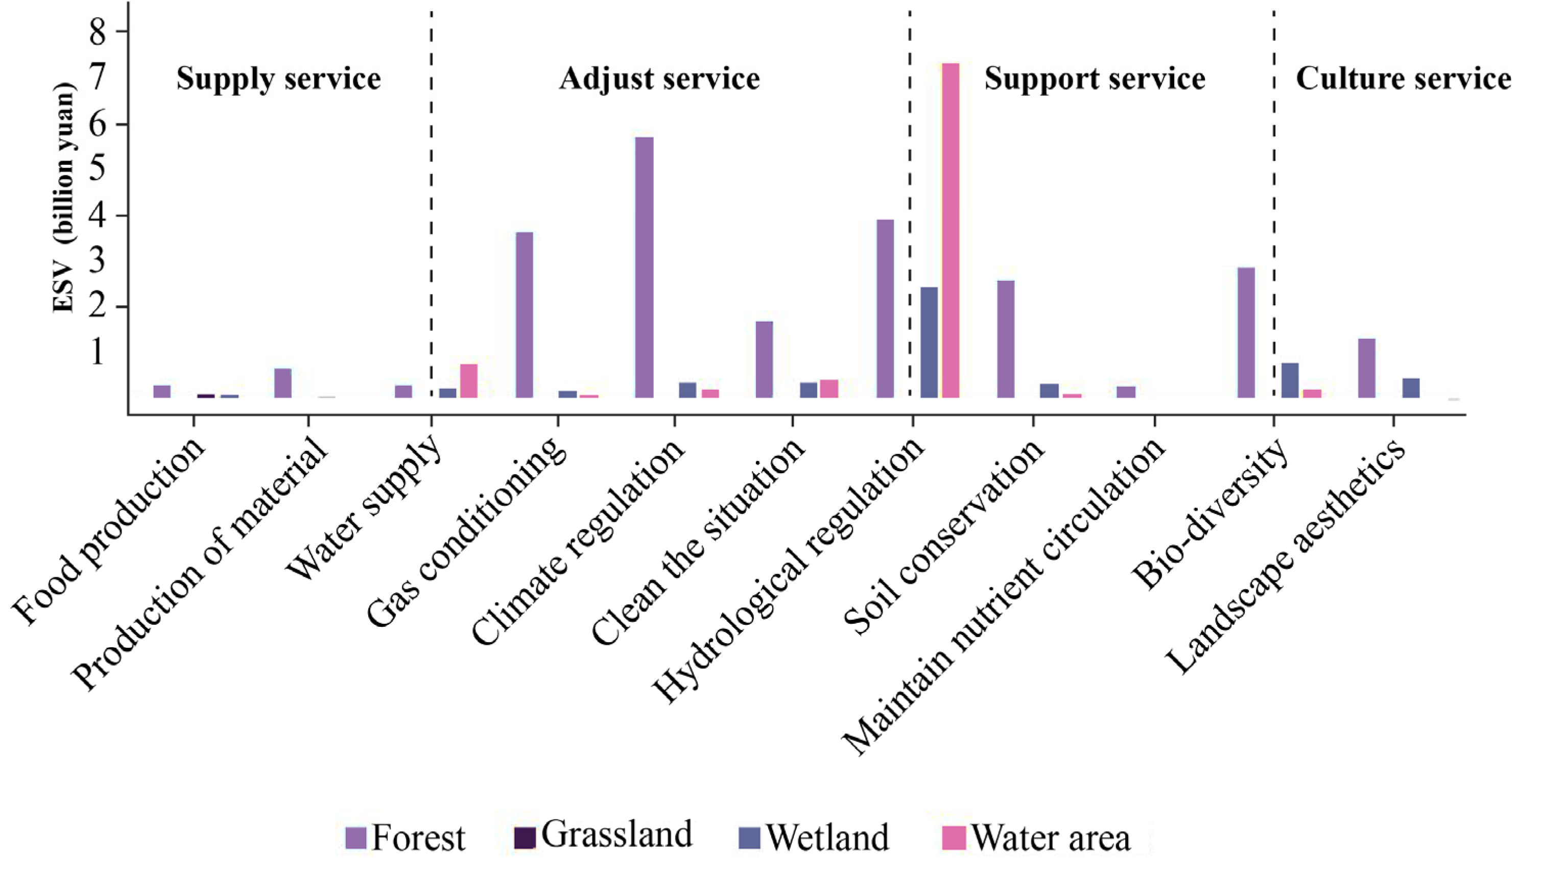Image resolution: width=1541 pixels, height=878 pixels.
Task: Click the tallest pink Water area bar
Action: pos(951,229)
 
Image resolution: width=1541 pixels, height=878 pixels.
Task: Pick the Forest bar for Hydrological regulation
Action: pos(885,308)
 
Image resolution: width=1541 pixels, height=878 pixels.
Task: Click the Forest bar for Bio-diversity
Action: pos(1246,332)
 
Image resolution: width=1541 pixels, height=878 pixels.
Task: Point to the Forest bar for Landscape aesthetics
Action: pos(1366,368)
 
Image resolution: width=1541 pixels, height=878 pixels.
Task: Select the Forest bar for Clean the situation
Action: pos(764,359)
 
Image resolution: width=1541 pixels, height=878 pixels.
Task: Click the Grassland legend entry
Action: pos(602,836)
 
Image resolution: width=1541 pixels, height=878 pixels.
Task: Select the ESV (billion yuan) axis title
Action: pos(63,199)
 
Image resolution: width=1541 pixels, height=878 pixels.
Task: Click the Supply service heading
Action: pos(278,79)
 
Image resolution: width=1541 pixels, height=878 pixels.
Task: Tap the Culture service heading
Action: pos(1403,79)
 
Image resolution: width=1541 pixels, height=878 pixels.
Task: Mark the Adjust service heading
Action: pos(659,79)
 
